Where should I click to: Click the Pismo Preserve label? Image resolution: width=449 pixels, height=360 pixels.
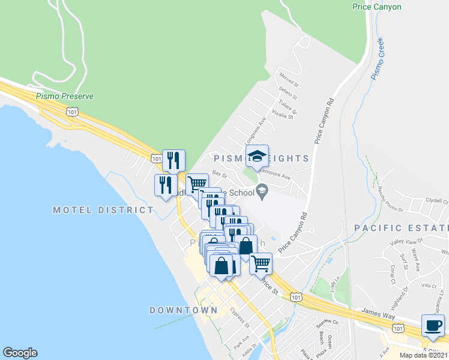[x=65, y=96]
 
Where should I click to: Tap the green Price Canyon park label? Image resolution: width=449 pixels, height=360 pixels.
[x=376, y=7]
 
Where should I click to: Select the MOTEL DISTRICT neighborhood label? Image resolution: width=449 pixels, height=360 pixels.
[x=103, y=210]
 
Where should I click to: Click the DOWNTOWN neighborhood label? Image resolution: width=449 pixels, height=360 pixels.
[x=183, y=310]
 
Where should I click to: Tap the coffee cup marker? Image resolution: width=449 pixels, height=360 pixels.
[x=433, y=326]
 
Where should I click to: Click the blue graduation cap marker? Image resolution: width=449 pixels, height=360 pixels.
[x=258, y=157]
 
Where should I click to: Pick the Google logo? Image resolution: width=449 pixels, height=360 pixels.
[x=20, y=353]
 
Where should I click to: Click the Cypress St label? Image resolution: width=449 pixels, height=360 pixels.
[x=240, y=317]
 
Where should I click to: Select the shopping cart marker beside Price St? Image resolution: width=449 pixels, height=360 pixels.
[x=261, y=263]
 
